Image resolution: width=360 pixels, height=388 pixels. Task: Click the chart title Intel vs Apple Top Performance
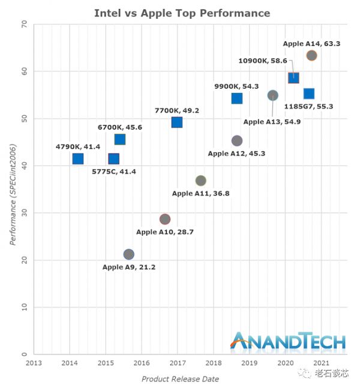[182, 13]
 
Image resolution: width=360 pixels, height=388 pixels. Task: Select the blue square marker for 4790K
[78, 159]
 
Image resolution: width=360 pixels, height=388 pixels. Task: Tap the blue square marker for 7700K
[177, 122]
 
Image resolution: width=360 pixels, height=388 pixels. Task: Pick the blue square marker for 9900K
[237, 98]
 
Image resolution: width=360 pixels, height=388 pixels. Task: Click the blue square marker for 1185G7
[309, 94]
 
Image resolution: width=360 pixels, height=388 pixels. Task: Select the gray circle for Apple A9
[128, 254]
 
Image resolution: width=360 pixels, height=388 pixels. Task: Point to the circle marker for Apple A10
[165, 219]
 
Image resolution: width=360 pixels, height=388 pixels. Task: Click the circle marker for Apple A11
[201, 181]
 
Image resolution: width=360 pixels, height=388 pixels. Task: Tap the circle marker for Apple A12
[237, 141]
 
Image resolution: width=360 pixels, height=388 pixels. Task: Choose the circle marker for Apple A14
[311, 56]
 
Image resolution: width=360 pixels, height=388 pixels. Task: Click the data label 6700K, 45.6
[120, 127]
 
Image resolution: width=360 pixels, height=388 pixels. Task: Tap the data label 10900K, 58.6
[263, 61]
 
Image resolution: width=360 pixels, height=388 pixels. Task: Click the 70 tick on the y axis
[24, 24]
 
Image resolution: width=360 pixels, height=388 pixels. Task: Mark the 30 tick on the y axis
[24, 213]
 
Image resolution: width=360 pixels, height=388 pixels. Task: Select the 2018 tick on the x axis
[213, 363]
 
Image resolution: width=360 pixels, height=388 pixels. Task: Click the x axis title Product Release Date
[180, 379]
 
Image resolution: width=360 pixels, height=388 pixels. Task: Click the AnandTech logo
[288, 341]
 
